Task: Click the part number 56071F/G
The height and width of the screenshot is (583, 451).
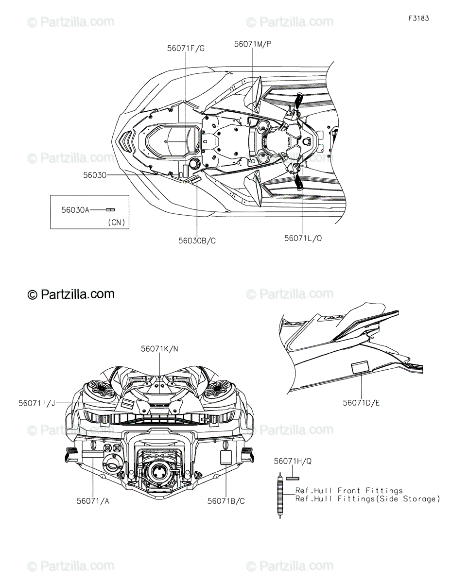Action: tap(186, 48)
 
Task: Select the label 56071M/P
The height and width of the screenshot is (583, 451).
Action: tap(253, 44)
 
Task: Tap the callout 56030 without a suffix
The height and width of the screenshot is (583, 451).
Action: tap(94, 175)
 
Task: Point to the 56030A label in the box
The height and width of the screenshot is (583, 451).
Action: tap(75, 210)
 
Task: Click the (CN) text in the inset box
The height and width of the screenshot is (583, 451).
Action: tap(116, 223)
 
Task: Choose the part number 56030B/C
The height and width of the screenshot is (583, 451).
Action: tap(197, 240)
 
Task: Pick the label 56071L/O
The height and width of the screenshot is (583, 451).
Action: tap(303, 238)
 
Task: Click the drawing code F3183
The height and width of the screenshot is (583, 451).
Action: tap(419, 19)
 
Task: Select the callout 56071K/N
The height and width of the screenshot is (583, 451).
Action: tap(159, 349)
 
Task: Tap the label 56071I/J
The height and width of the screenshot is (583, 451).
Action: tap(37, 403)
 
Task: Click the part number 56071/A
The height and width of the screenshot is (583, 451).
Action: tap(93, 501)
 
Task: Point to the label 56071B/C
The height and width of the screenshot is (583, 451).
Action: tap(226, 501)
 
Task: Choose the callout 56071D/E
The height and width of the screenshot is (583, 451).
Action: tap(361, 403)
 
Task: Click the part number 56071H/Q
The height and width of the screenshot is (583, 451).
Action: tap(293, 461)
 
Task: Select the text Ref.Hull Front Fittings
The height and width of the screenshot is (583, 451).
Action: tap(349, 491)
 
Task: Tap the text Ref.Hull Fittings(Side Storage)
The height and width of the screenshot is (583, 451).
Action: tap(367, 499)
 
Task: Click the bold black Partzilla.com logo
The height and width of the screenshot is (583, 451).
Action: tap(71, 294)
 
